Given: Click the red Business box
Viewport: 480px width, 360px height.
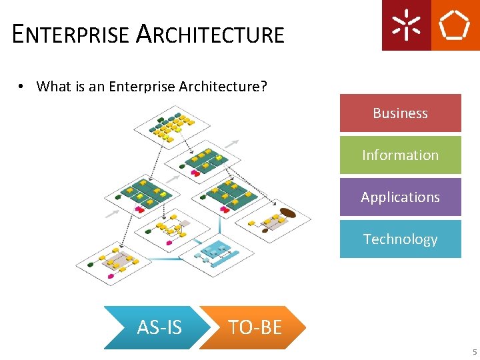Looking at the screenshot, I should [400, 113].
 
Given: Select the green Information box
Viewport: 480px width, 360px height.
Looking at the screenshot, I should [400, 155].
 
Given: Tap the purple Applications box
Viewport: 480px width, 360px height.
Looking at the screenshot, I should [400, 197].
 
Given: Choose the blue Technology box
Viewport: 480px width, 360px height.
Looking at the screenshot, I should [400, 239].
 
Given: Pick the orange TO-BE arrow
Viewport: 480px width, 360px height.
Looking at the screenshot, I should [254, 327].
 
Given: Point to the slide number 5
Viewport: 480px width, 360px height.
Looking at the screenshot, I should [475, 352].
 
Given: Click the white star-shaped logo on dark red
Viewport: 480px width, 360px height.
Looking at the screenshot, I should [406, 25].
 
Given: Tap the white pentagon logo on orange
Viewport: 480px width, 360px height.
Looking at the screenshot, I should [455, 25].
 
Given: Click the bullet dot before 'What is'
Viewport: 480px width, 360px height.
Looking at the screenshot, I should [21, 87].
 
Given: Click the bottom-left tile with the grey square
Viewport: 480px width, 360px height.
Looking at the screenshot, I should [111, 264].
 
